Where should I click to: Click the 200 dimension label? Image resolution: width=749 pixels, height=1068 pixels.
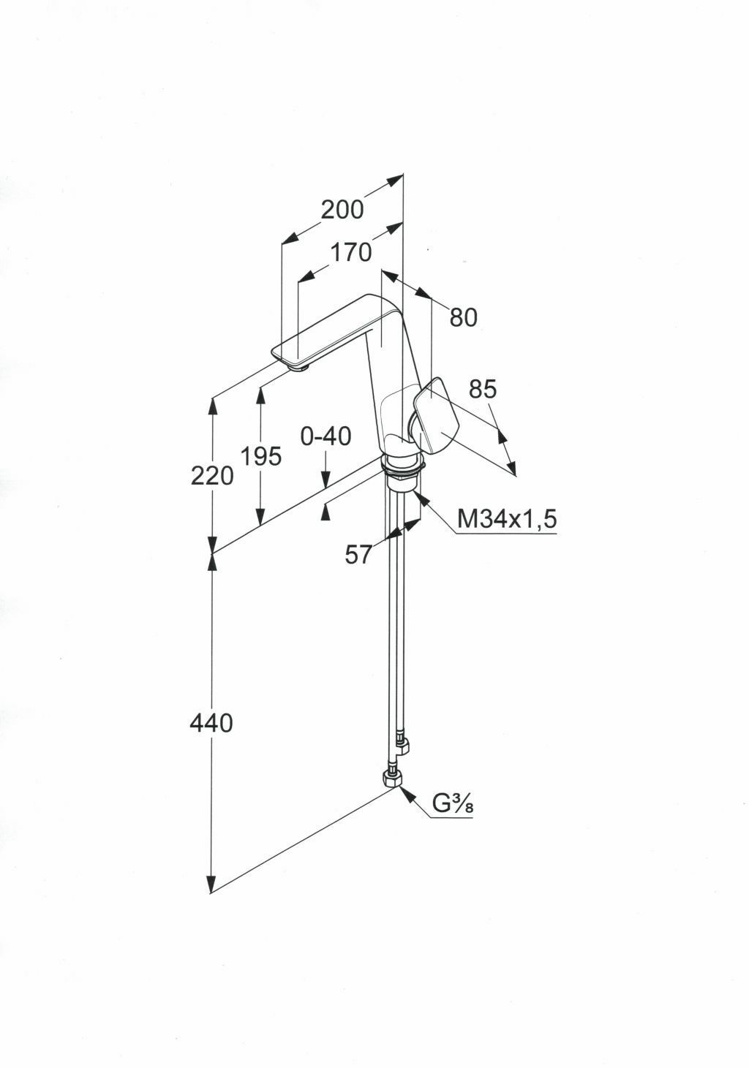coord(342,210)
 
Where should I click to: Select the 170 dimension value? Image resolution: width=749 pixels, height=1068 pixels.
coord(350,253)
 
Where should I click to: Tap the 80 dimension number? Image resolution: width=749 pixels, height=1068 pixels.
coord(463,317)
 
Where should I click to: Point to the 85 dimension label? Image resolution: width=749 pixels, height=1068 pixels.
coord(482,389)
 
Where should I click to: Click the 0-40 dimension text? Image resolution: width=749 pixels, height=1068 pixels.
coord(325,436)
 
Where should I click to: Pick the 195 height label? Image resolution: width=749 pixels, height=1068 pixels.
coord(260,457)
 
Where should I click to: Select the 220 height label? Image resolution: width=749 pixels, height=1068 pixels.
coord(212,477)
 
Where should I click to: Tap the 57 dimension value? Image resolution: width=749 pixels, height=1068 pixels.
coord(358,556)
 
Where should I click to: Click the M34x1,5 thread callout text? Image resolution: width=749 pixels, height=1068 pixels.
coord(507,519)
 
